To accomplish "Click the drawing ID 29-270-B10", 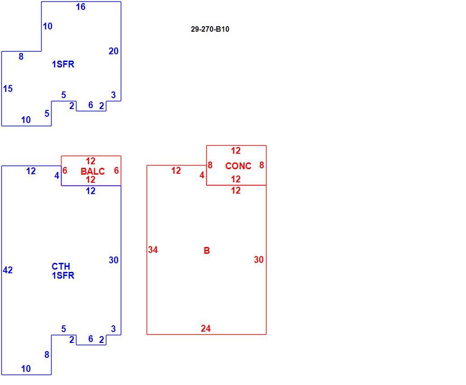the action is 210,29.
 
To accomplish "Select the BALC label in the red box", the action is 93,171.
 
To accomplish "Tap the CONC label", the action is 238,166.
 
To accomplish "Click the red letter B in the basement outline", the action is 207,251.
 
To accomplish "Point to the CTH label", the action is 61,266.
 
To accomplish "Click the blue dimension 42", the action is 8,270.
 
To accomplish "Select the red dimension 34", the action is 153,250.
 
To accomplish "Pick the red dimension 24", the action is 206,328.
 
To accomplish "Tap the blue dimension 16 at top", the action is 81,7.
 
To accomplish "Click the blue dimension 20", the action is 114,52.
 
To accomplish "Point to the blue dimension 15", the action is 8,89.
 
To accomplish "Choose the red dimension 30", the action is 258,260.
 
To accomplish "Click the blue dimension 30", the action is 114,260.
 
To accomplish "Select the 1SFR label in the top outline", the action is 63,64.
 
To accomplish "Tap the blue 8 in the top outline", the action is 21,57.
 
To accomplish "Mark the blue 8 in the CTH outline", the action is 47,355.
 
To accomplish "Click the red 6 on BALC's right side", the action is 116,171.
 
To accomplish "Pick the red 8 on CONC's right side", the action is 262,165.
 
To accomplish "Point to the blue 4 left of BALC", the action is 57,176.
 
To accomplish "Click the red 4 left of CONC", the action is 202,175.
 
